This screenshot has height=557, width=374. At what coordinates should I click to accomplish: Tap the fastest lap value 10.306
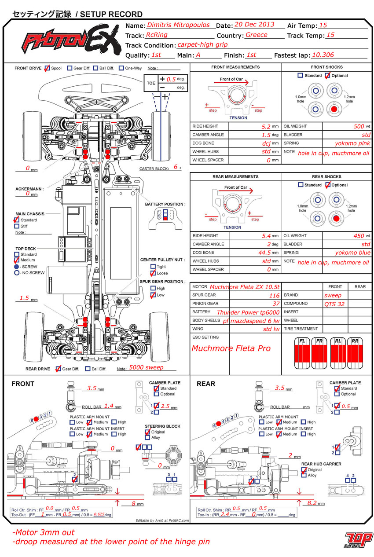pyautogui.click(x=323, y=55)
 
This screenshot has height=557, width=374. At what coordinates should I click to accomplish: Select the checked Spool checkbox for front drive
pyautogui.click(x=48, y=68)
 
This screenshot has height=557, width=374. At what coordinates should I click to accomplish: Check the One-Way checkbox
pyautogui.click(x=121, y=68)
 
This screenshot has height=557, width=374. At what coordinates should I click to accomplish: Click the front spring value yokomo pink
pyautogui.click(x=352, y=143)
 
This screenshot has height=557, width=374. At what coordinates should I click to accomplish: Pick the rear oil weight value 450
pyautogui.click(x=359, y=236)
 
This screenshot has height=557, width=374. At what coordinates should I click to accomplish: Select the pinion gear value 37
pyautogui.click(x=275, y=304)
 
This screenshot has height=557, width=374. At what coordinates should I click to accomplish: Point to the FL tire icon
pyautogui.click(x=302, y=355)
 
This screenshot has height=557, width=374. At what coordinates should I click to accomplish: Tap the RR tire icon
pyautogui.click(x=355, y=355)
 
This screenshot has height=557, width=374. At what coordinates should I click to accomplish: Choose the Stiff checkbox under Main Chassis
pyautogui.click(x=17, y=226)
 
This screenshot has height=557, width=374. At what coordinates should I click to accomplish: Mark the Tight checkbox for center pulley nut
pyautogui.click(x=153, y=267)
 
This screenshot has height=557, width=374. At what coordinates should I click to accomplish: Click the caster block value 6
pyautogui.click(x=175, y=167)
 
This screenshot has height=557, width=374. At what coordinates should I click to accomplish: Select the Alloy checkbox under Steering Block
pyautogui.click(x=147, y=438)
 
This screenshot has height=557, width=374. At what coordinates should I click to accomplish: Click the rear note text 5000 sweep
pyautogui.click(x=146, y=367)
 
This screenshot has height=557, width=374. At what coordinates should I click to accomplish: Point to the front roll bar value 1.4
pyautogui.click(x=109, y=407)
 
